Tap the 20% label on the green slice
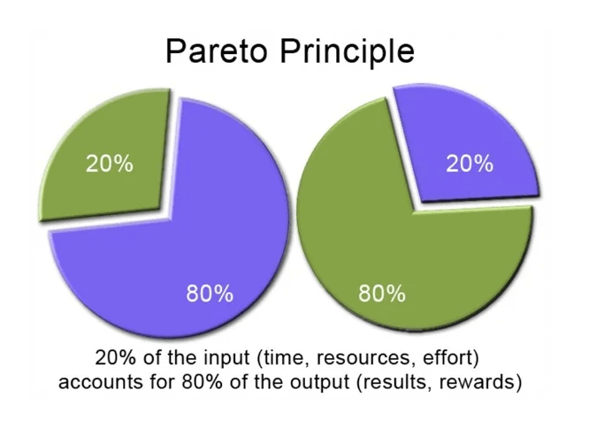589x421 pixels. coord(110,163)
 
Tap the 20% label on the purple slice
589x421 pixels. coord(469,163)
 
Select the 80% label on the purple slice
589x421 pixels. coord(210,293)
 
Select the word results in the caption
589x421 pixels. coord(390,383)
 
